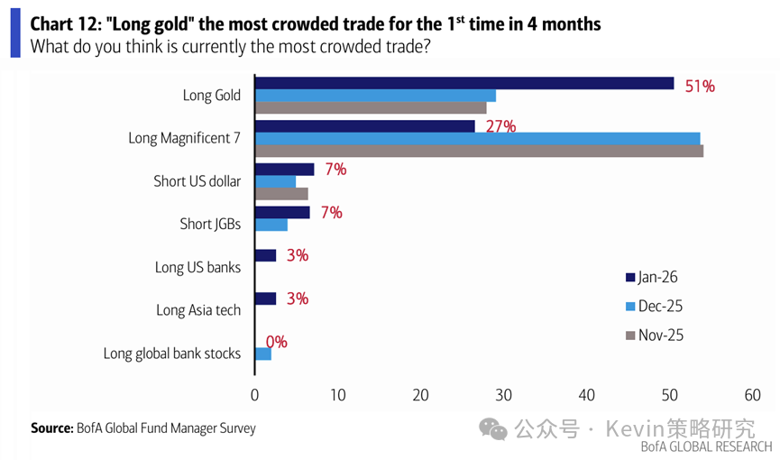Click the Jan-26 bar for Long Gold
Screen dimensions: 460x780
464,83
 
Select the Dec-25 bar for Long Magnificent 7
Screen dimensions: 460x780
477,138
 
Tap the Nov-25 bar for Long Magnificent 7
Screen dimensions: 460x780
479,151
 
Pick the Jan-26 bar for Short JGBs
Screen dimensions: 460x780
282,212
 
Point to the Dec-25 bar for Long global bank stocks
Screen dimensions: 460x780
263,354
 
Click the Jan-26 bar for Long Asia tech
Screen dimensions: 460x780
265,299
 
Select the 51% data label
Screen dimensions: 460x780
699,87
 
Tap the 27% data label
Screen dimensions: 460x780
500,126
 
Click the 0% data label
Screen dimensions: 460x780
276,342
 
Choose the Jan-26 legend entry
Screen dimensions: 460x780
656,276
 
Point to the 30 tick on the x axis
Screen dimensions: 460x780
504,395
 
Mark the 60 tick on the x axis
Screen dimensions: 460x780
753,395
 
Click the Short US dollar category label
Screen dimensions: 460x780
197,181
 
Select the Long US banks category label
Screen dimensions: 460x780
198,267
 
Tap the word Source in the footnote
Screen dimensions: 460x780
50,428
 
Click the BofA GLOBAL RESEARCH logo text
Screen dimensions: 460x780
706,446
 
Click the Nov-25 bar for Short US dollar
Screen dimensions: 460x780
281,194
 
